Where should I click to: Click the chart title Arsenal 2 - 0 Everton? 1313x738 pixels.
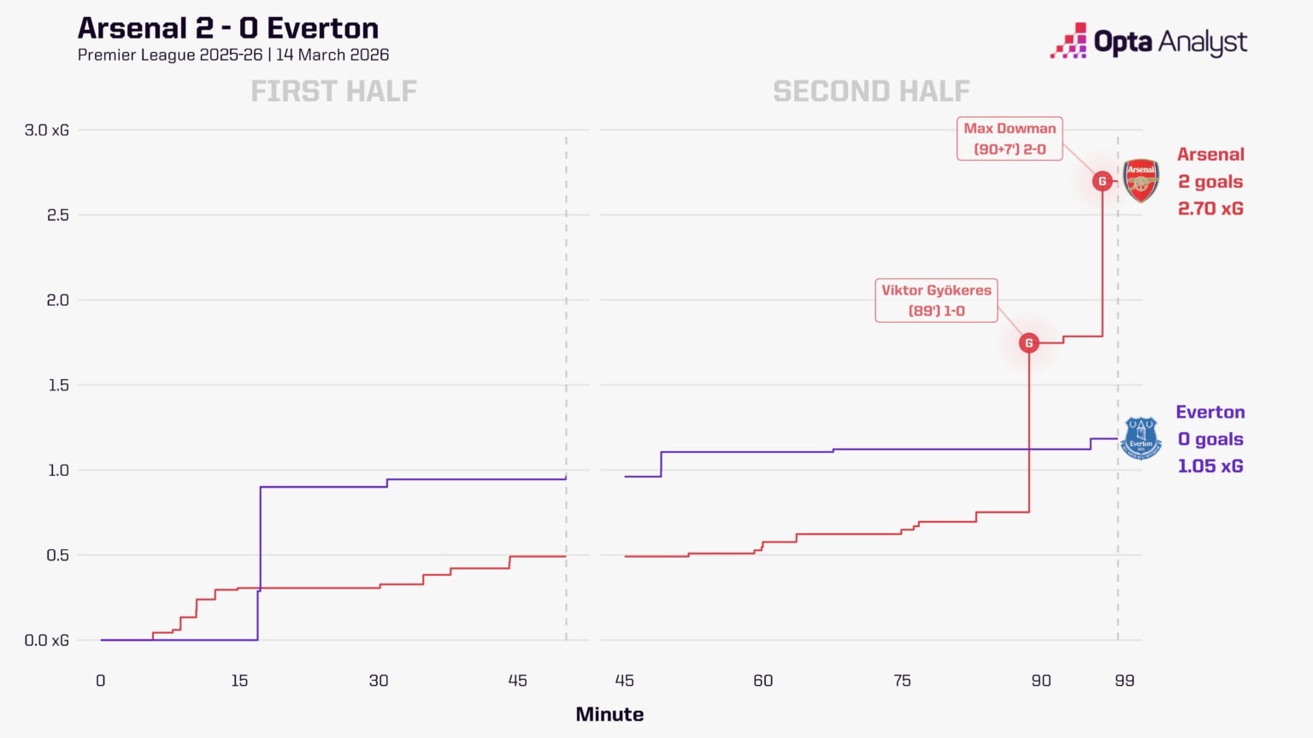tap(228, 28)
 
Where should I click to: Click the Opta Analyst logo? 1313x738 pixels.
tap(1148, 41)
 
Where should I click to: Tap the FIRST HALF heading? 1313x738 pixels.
tap(333, 91)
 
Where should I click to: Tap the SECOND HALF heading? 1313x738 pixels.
tap(871, 91)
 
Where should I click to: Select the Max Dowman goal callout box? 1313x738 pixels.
tap(1010, 138)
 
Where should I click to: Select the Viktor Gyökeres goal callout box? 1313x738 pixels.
tap(936, 301)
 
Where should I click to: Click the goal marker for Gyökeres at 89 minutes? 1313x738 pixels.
tap(1029, 343)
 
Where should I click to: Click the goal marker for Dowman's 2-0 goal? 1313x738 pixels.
tap(1103, 181)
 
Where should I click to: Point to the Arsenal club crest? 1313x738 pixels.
tap(1140, 180)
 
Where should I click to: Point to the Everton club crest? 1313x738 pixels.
tap(1140, 438)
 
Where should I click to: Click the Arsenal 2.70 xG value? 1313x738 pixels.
tap(1210, 208)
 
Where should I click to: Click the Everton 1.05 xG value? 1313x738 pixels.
tap(1210, 466)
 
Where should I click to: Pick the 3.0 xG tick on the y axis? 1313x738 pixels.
tap(47, 130)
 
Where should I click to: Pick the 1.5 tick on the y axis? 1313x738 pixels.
tap(57, 385)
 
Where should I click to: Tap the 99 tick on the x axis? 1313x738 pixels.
tap(1124, 681)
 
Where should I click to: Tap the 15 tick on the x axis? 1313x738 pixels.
tap(239, 681)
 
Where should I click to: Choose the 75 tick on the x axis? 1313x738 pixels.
tap(902, 681)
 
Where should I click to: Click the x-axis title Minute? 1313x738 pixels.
tap(609, 714)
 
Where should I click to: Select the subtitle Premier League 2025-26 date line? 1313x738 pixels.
tap(233, 55)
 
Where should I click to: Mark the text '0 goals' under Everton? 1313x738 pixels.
tap(1210, 439)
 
